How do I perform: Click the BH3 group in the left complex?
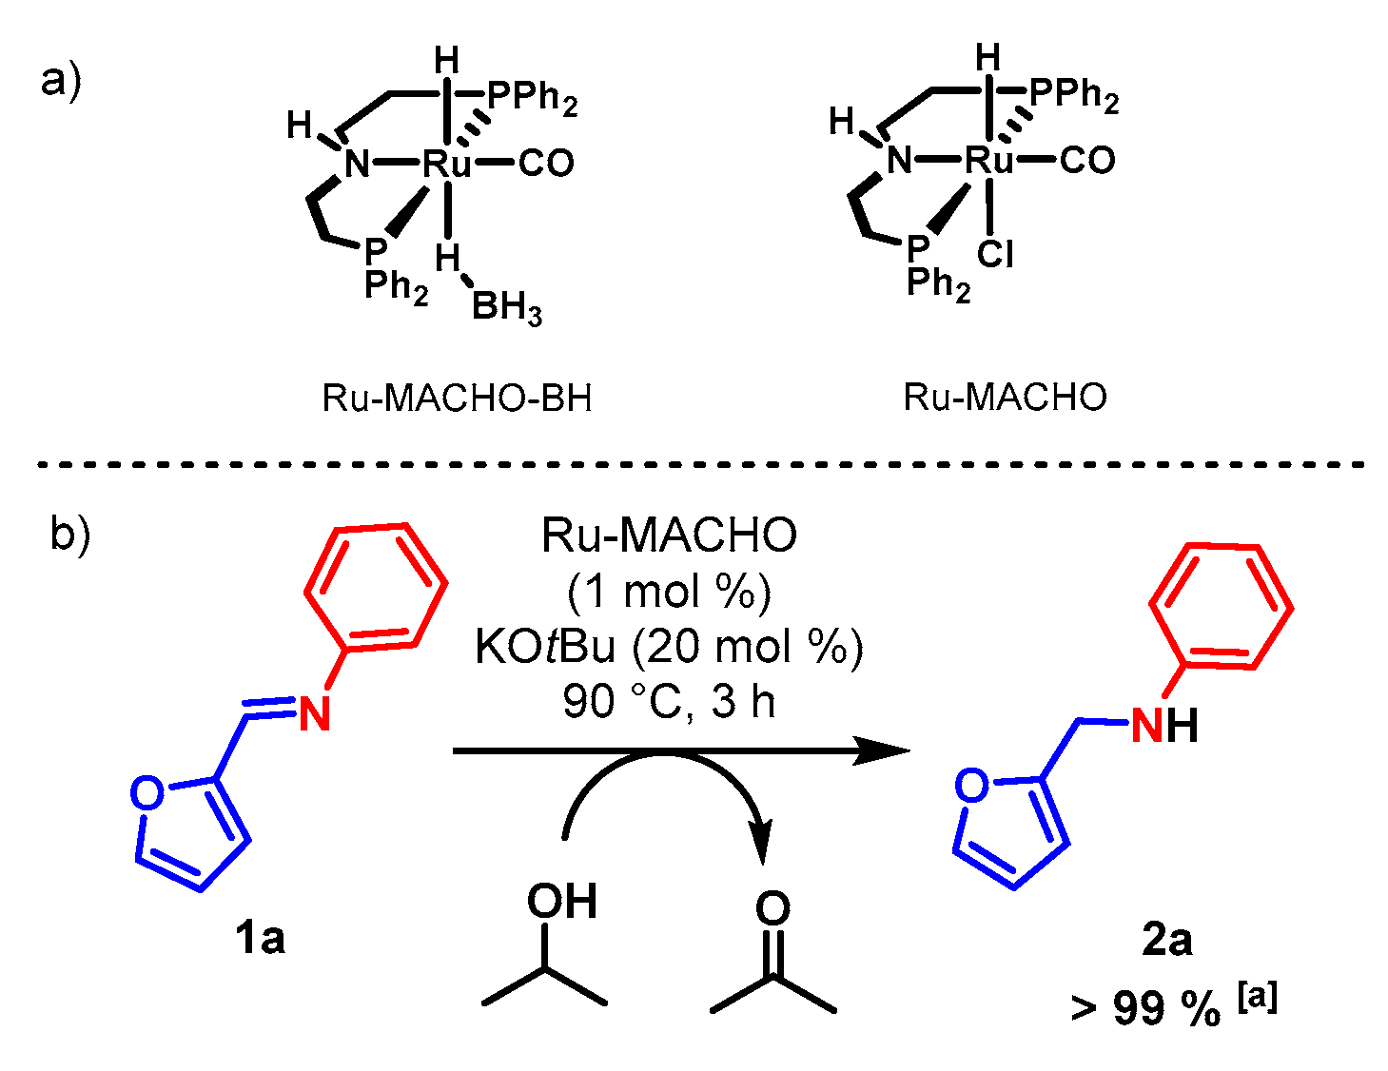click(506, 308)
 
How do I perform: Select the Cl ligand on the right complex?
click(995, 255)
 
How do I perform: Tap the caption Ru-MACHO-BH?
click(457, 398)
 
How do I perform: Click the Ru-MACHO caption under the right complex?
click(1006, 397)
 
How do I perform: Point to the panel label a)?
click(61, 80)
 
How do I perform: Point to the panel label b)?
click(69, 535)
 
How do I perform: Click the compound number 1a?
click(260, 939)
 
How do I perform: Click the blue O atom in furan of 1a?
click(147, 793)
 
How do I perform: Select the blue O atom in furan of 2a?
click(972, 786)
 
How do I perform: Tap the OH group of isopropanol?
click(562, 902)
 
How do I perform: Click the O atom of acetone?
click(772, 908)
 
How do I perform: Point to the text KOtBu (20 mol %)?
click(669, 648)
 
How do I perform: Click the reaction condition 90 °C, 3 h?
click(669, 702)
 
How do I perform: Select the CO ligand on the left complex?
click(546, 164)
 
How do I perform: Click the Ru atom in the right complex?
click(990, 160)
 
